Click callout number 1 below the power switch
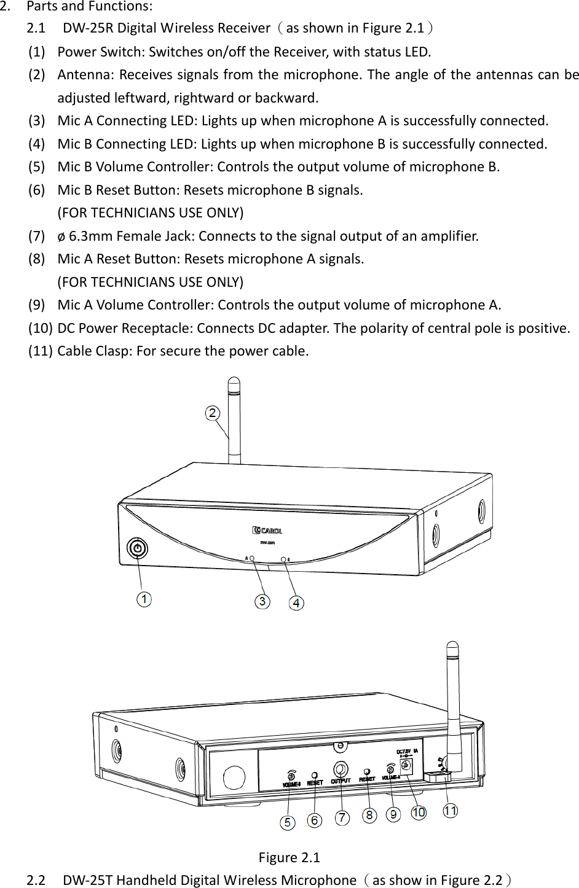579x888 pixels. click(x=144, y=599)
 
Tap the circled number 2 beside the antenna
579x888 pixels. click(x=213, y=413)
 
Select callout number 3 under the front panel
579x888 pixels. click(x=262, y=601)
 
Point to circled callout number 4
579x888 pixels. click(x=296, y=603)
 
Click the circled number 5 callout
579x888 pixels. click(x=287, y=822)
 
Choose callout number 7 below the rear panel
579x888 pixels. click(x=342, y=817)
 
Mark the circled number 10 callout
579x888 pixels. click(x=419, y=812)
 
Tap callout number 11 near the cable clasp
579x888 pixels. click(x=450, y=811)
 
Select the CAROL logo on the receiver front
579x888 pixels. click(x=267, y=530)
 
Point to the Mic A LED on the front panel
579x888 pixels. click(x=252, y=559)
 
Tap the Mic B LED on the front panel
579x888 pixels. click(x=283, y=559)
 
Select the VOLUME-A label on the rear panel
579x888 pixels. click(x=391, y=777)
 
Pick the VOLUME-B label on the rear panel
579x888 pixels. click(x=291, y=784)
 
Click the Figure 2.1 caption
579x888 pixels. click(x=289, y=857)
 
